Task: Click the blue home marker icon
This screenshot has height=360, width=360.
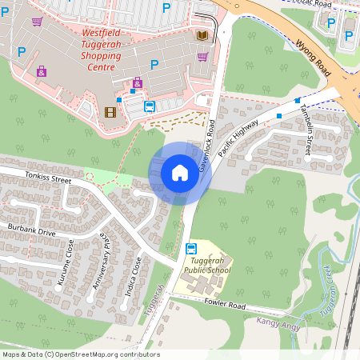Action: pos(180,173)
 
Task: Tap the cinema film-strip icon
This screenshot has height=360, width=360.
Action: pos(110,111)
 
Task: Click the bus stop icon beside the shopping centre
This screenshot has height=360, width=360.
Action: pos(149,106)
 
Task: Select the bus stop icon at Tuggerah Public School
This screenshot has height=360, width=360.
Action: pos(190,248)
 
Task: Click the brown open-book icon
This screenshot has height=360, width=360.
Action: pos(202,36)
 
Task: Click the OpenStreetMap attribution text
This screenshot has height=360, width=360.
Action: pos(80,354)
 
